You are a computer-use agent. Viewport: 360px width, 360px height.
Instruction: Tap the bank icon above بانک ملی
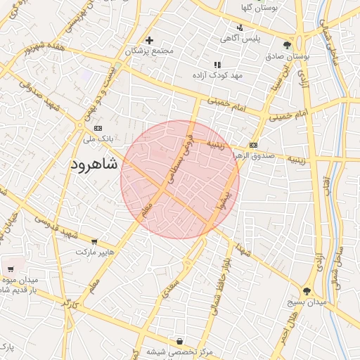pos(98,128)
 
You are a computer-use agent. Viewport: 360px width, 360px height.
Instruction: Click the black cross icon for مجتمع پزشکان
pos(149,40)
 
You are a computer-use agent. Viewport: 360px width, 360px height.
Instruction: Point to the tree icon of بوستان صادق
pos(287,45)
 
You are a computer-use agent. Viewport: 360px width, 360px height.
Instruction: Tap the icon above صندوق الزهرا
pos(254,145)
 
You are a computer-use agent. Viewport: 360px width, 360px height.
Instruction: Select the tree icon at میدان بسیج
pos(307,290)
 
